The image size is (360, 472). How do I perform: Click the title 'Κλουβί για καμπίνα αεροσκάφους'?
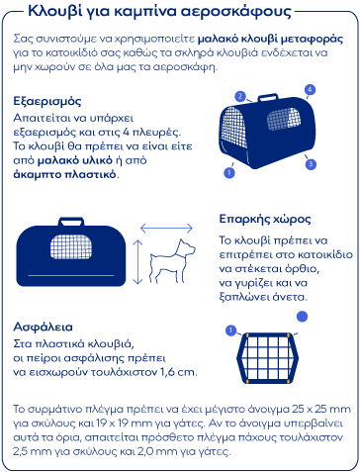[x=159, y=11]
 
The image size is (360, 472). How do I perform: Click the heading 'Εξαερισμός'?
[x=46, y=101]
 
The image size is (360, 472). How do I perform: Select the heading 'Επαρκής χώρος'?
[x=265, y=219]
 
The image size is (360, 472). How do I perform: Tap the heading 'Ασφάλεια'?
[x=43, y=327]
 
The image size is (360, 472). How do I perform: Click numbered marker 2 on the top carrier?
[x=240, y=96]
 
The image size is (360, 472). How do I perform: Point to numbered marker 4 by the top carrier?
[x=310, y=89]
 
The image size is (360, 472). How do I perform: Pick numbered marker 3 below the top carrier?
[x=311, y=164]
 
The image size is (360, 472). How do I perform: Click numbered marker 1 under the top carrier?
[x=229, y=172]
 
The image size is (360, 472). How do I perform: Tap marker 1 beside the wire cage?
[x=230, y=330]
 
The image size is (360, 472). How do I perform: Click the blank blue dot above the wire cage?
[x=302, y=317]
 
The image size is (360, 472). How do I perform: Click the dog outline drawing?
[x=172, y=261]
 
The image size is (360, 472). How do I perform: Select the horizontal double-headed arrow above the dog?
[x=166, y=228]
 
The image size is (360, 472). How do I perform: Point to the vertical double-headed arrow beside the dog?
[x=137, y=262]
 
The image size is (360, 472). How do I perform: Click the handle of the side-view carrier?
[x=71, y=222]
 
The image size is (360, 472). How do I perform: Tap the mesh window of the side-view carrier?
[x=71, y=246]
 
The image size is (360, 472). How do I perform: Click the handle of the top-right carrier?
[x=268, y=97]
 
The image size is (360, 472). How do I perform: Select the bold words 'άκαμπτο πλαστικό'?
[x=64, y=174]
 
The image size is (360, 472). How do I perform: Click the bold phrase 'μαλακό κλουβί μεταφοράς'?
[x=270, y=40]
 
